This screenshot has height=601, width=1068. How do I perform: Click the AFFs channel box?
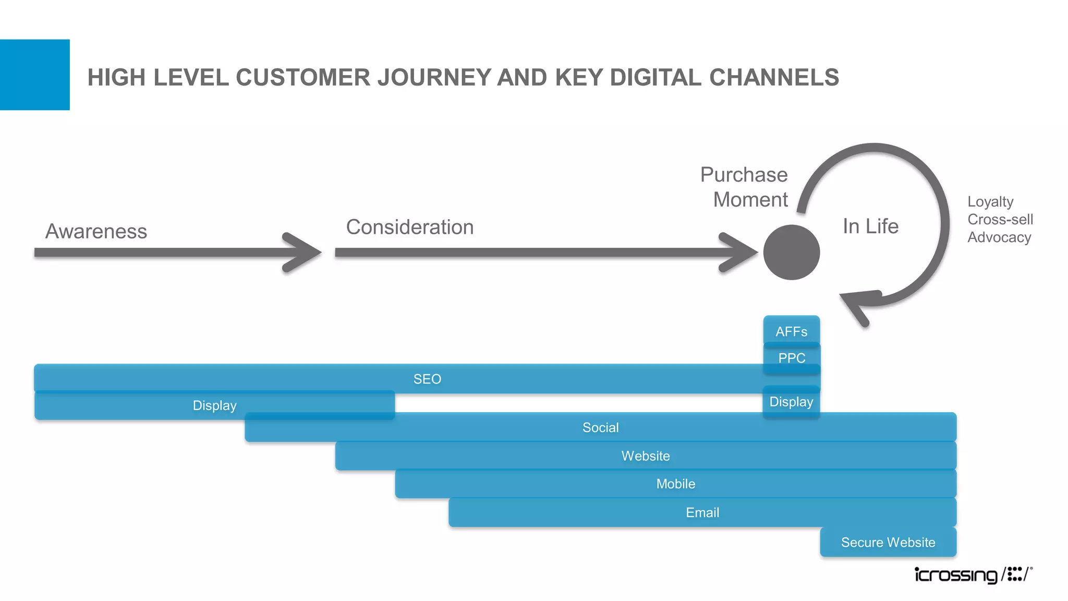pyautogui.click(x=791, y=331)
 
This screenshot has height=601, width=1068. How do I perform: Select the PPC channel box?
pyautogui.click(x=791, y=358)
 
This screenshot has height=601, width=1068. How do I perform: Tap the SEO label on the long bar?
pyautogui.click(x=427, y=379)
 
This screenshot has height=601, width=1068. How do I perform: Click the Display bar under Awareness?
pyautogui.click(x=214, y=405)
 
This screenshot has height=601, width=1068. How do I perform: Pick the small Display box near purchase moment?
pyautogui.click(x=791, y=402)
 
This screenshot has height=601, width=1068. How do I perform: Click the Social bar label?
pyautogui.click(x=600, y=427)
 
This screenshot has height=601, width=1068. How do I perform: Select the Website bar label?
pyautogui.click(x=645, y=456)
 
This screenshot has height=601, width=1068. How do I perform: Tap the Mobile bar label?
pyautogui.click(x=675, y=484)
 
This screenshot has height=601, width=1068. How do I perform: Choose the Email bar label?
pyautogui.click(x=702, y=512)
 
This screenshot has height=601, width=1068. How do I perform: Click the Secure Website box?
pyautogui.click(x=888, y=542)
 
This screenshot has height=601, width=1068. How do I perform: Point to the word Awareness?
pyautogui.click(x=96, y=231)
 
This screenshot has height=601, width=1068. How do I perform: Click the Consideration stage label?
pyautogui.click(x=410, y=227)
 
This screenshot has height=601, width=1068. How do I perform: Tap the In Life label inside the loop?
pyautogui.click(x=870, y=226)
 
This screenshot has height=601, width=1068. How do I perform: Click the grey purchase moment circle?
pyautogui.click(x=791, y=253)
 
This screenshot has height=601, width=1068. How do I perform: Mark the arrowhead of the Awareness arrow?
pyautogui.click(x=305, y=253)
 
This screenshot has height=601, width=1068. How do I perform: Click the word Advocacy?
pyautogui.click(x=999, y=237)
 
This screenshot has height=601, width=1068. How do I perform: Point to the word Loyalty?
pyautogui.click(x=990, y=201)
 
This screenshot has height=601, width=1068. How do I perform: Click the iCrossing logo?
pyautogui.click(x=973, y=574)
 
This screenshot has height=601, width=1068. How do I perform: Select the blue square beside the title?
pyautogui.click(x=34, y=75)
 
